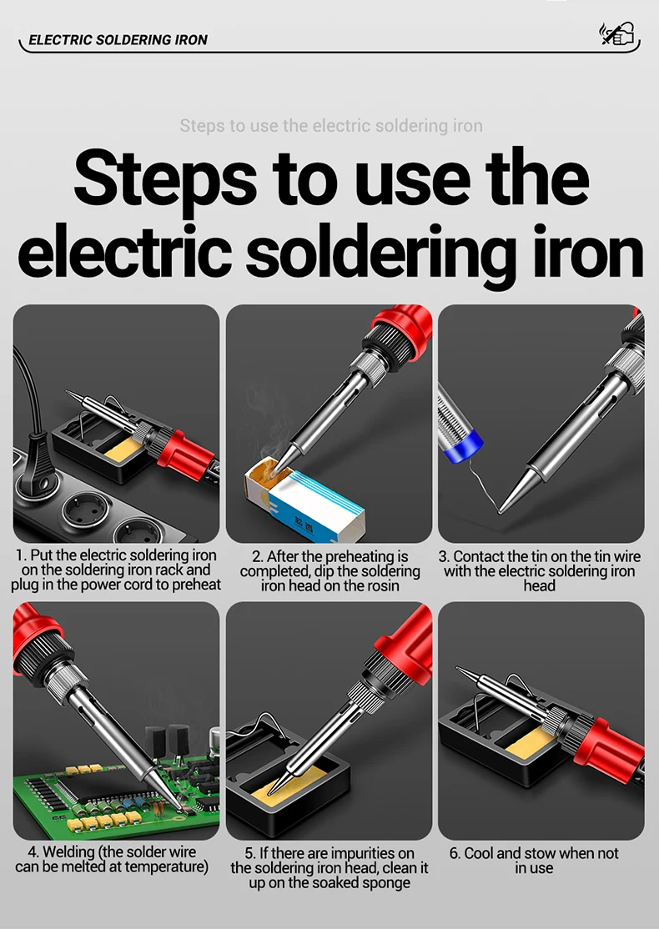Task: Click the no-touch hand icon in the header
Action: click(617, 33)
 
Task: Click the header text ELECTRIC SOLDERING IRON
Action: click(118, 40)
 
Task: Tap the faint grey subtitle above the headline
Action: click(330, 126)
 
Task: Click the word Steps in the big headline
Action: click(165, 177)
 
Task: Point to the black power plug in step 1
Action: click(33, 468)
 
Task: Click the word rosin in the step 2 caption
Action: click(381, 586)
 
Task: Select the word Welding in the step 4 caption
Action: click(68, 852)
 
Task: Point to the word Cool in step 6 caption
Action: click(478, 853)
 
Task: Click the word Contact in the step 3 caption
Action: click(479, 556)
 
